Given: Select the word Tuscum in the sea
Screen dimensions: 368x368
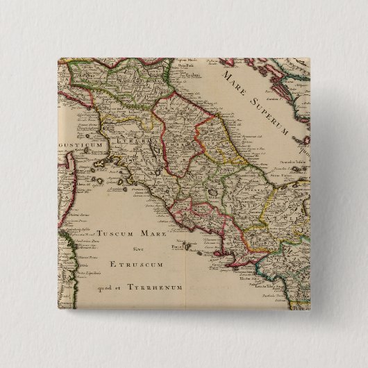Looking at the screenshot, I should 118,235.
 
